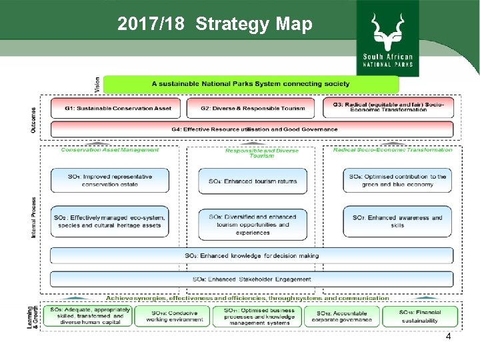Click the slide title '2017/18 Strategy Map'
coord(214,25)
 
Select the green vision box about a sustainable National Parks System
coord(251,84)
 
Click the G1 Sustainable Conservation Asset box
coord(117,108)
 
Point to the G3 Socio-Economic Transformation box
coord(388,107)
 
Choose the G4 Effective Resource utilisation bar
coord(252,129)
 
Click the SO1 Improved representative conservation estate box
coord(110,180)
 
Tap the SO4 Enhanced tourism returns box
coord(252,181)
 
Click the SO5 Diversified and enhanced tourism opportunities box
coord(252,225)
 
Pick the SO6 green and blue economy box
coord(397,180)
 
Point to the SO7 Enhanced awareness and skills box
coord(397,221)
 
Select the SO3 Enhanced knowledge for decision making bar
coord(252,255)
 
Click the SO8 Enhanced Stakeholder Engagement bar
coord(252,279)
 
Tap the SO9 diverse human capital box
coord(88,315)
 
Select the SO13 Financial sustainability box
coord(420,316)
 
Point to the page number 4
coord(448,336)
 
